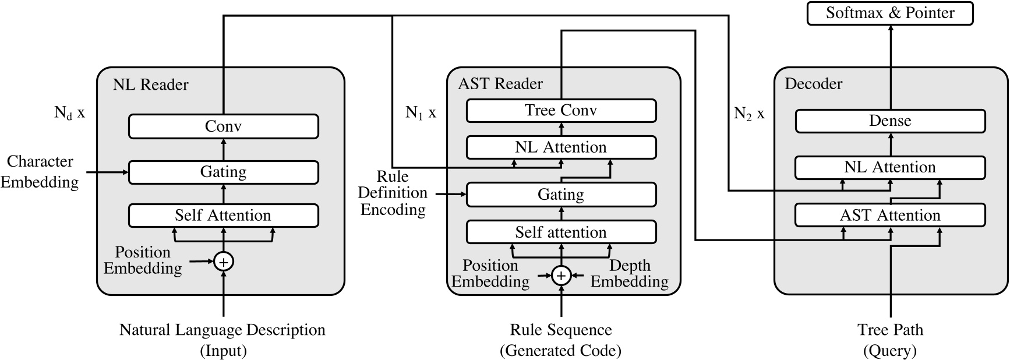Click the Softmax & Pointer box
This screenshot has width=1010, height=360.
[889, 13]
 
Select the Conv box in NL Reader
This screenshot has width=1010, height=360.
[223, 126]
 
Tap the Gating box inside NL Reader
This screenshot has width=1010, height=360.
[223, 172]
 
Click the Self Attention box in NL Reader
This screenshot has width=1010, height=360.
[223, 216]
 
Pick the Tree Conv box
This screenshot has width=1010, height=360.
[561, 111]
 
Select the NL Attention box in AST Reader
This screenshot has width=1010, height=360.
[561, 147]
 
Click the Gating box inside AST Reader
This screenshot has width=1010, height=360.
[561, 195]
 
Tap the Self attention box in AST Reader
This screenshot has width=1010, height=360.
[561, 232]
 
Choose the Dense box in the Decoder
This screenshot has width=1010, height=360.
[890, 121]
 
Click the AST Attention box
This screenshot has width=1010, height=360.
[890, 216]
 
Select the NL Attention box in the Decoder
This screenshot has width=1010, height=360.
[890, 168]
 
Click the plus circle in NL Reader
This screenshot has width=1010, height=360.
[224, 262]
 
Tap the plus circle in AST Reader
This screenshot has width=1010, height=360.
[561, 275]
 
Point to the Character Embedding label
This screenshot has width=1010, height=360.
[40, 172]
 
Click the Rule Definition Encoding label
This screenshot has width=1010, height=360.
[393, 193]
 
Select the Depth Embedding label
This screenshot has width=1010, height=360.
[630, 274]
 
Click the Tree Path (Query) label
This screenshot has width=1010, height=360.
[890, 340]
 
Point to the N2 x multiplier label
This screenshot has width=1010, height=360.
[749, 114]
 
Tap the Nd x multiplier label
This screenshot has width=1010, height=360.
[69, 112]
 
